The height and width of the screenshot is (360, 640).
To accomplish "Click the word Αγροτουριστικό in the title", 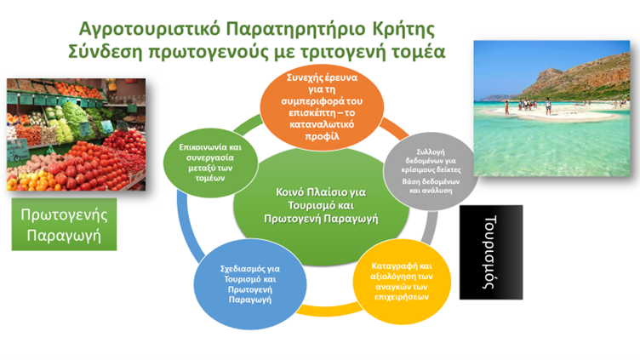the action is point(149,30).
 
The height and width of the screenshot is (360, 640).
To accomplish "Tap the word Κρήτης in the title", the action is point(403,30).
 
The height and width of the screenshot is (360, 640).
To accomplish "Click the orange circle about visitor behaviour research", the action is point(322,107).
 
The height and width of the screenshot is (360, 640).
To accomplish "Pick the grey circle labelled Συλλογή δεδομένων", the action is point(431,171).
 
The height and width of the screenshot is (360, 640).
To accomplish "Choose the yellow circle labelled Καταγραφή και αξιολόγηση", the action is point(402,282).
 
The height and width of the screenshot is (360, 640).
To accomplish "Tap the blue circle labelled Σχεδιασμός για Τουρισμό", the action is point(250,284).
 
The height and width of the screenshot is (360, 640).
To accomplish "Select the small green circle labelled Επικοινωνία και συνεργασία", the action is point(210,163).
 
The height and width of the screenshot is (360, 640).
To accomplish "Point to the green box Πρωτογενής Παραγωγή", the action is point(64,225).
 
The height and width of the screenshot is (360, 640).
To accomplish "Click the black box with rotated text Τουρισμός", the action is point(491,252).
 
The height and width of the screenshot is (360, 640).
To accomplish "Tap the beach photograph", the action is point(551,108).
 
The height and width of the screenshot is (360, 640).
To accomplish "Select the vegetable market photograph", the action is point(76,134).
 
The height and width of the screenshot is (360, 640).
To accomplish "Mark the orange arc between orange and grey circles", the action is point(394,128).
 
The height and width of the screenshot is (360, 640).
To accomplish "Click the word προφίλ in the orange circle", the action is point(322,136).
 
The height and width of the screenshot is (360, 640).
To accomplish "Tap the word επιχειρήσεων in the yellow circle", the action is point(402,297).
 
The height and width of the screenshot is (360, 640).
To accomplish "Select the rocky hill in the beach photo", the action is point(580,77).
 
